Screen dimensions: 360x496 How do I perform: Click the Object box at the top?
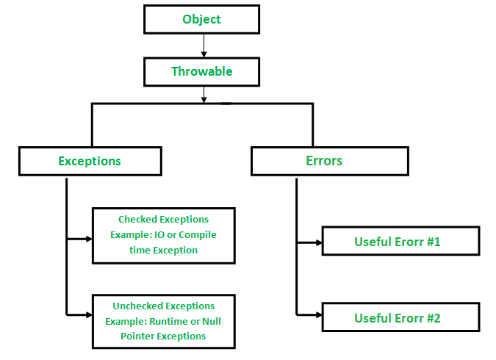pyautogui.click(x=201, y=19)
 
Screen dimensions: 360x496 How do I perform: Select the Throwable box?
pyautogui.click(x=201, y=72)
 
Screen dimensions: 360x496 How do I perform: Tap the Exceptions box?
pyautogui.click(x=90, y=161)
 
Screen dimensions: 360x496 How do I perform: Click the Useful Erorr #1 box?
pyautogui.click(x=400, y=241)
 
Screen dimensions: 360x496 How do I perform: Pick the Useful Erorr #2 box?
pyautogui.click(x=400, y=318)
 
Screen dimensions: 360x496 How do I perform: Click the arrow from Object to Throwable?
pyautogui.click(x=204, y=46)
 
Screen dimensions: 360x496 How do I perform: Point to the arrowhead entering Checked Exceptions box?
pyautogui.click(x=87, y=238)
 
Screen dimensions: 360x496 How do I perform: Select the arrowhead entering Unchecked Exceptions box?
pyautogui.click(x=87, y=314)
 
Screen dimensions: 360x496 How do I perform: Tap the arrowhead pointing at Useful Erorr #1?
pyautogui.click(x=317, y=241)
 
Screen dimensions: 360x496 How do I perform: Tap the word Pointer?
pyautogui.click(x=139, y=336)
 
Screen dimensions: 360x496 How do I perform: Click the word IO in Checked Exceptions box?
pyautogui.click(x=158, y=234)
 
